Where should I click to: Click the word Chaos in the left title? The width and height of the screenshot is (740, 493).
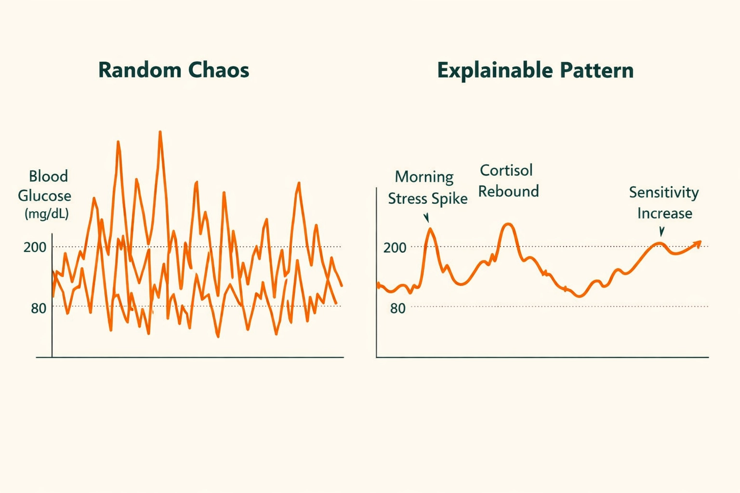(219, 70)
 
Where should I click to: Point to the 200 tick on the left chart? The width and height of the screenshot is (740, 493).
(35, 247)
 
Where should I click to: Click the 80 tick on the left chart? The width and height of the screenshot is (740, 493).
(39, 308)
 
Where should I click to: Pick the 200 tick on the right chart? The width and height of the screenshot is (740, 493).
(395, 248)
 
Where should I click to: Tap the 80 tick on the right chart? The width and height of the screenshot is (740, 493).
(397, 309)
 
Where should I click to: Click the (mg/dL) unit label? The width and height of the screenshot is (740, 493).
(46, 214)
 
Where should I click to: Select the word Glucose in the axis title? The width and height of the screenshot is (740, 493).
(44, 196)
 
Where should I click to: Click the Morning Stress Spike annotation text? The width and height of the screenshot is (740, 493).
(427, 188)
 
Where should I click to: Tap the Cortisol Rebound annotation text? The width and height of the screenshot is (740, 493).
(508, 181)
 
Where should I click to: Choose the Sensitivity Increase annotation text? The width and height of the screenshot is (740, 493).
(664, 203)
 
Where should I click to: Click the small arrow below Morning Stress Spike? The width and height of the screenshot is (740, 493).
(426, 218)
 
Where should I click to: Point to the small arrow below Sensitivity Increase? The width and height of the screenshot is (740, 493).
(661, 232)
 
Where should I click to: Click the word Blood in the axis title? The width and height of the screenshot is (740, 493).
(48, 176)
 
